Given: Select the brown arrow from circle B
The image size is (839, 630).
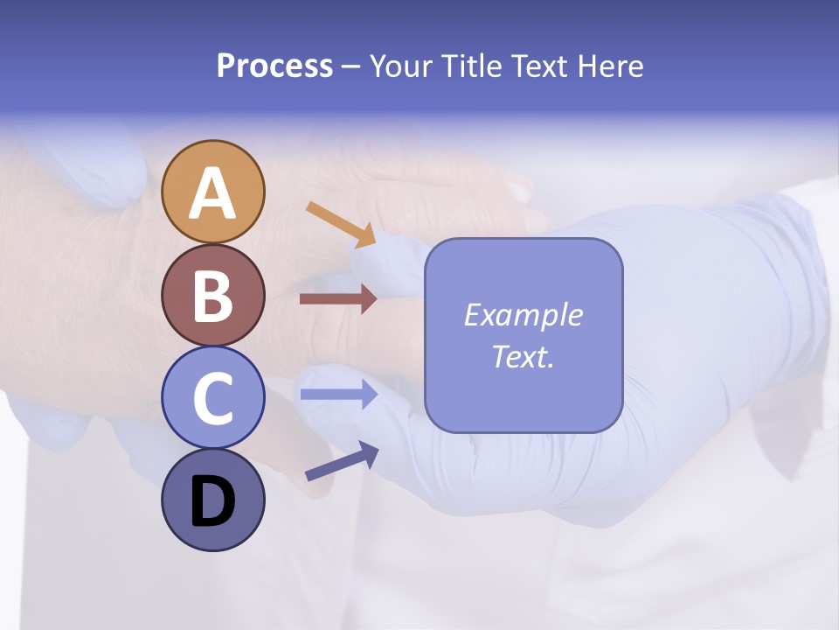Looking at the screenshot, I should click(338, 299).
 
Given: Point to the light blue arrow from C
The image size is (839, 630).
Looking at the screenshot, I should click(338, 394).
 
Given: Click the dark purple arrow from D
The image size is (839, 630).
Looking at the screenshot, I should click(342, 461).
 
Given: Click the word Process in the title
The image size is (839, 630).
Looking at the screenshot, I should click(274, 66).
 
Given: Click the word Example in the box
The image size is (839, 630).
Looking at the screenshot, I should click(523, 315).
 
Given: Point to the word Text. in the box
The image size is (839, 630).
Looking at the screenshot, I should click(523, 357).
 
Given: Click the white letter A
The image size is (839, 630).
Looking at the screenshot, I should click(212, 194).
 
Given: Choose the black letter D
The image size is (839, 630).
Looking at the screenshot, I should click(212, 502).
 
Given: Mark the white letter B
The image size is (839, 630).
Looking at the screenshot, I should click(212, 297).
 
